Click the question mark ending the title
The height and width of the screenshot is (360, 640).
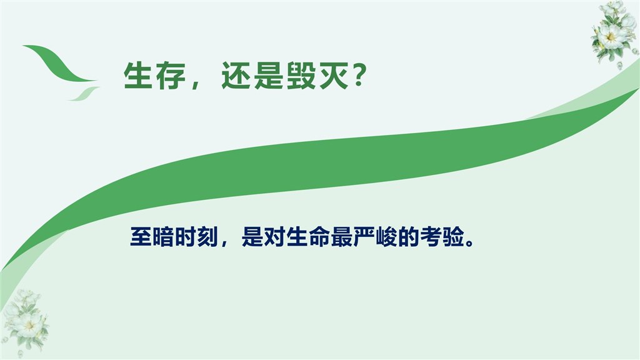(x=358, y=76)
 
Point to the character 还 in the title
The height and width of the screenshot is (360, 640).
(x=236, y=76)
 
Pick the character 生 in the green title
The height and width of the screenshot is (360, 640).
(x=138, y=76)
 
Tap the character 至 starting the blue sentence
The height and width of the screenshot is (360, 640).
(x=141, y=237)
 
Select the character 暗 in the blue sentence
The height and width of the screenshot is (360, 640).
(x=163, y=237)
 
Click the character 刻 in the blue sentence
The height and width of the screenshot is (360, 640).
(x=207, y=237)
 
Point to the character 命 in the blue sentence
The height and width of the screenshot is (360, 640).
(x=319, y=237)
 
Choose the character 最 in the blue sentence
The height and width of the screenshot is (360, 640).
(x=342, y=237)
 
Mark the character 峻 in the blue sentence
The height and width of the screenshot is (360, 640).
(x=386, y=237)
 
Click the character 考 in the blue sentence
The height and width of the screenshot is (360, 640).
(x=431, y=237)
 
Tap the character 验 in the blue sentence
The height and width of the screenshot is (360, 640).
(x=454, y=237)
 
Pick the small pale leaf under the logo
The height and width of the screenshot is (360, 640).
(x=83, y=94)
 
